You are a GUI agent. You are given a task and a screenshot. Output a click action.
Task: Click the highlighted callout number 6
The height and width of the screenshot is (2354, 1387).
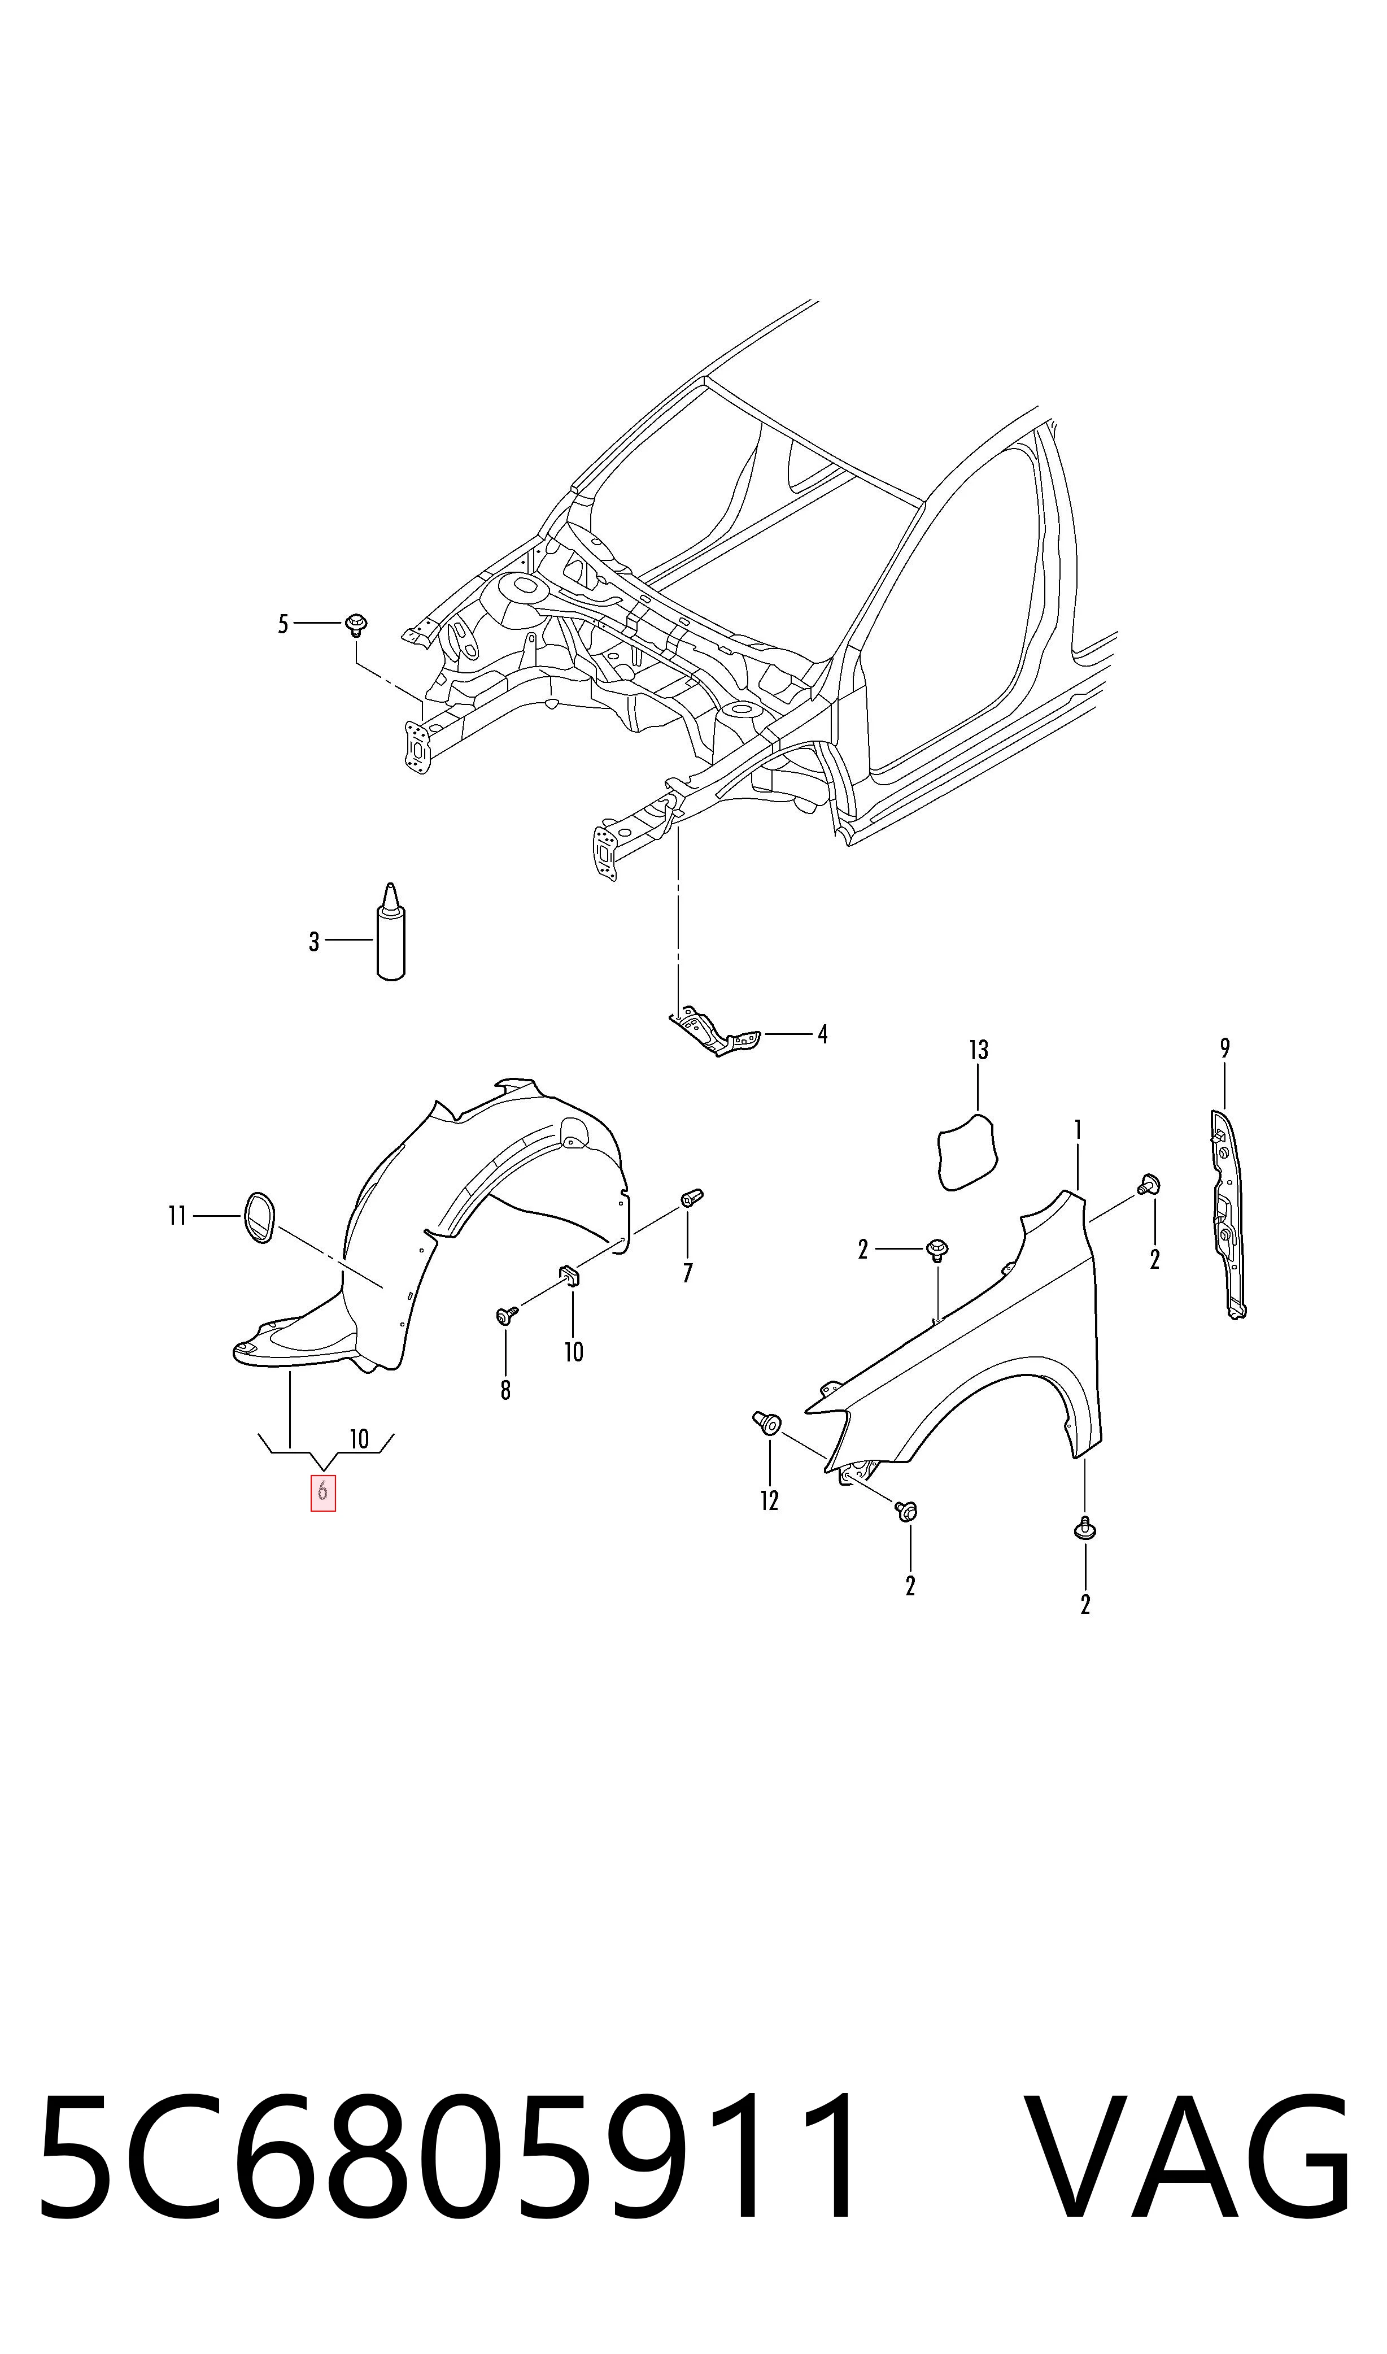[322, 1492]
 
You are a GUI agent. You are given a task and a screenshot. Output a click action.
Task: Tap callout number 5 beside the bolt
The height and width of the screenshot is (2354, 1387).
[283, 624]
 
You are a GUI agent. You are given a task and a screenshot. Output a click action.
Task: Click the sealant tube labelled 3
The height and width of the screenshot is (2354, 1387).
[391, 932]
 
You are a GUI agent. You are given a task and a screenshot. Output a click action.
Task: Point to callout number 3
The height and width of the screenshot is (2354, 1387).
[314, 942]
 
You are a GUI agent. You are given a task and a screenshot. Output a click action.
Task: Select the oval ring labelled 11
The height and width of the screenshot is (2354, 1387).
[259, 1216]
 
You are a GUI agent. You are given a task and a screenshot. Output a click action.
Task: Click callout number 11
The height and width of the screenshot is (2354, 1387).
[177, 1216]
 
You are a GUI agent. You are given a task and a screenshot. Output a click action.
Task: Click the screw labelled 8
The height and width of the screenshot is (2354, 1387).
[505, 1316]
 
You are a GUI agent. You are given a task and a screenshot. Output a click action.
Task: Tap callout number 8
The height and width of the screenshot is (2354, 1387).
[505, 1390]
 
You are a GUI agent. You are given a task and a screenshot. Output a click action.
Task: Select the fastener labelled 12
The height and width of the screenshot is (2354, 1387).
[766, 1424]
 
